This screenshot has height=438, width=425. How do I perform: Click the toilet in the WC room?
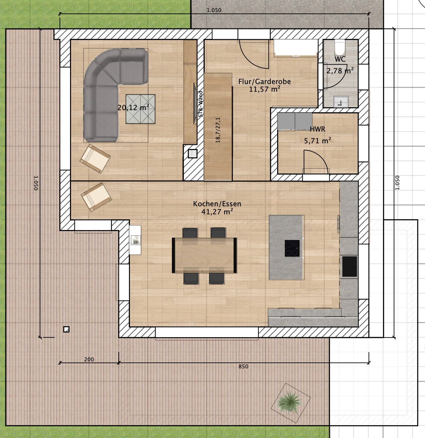pos(340,47)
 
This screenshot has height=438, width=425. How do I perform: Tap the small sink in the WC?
pos(341,101)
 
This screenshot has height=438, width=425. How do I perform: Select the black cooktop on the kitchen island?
pos(292,248)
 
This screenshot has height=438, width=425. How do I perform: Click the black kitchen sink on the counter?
pos(350,267)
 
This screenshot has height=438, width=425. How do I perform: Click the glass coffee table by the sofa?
pos(140,109)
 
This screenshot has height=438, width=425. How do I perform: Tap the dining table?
pos(204,255)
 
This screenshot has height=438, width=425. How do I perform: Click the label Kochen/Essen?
pos(217,204)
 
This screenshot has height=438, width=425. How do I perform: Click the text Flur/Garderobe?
pos(264,81)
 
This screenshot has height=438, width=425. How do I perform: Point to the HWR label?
pos(317,129)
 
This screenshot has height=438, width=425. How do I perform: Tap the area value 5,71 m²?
pos(317,141)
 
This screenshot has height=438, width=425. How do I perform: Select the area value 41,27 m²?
pos(217,212)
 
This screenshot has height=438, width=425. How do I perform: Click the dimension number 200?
pos(89,359)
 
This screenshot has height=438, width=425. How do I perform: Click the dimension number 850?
pos(243,367)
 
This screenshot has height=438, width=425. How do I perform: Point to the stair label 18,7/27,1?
pos(218,130)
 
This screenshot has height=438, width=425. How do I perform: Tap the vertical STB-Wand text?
pos(200,104)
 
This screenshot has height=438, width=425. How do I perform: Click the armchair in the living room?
pos(95,159)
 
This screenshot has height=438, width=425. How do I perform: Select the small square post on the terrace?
pos(66,329)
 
